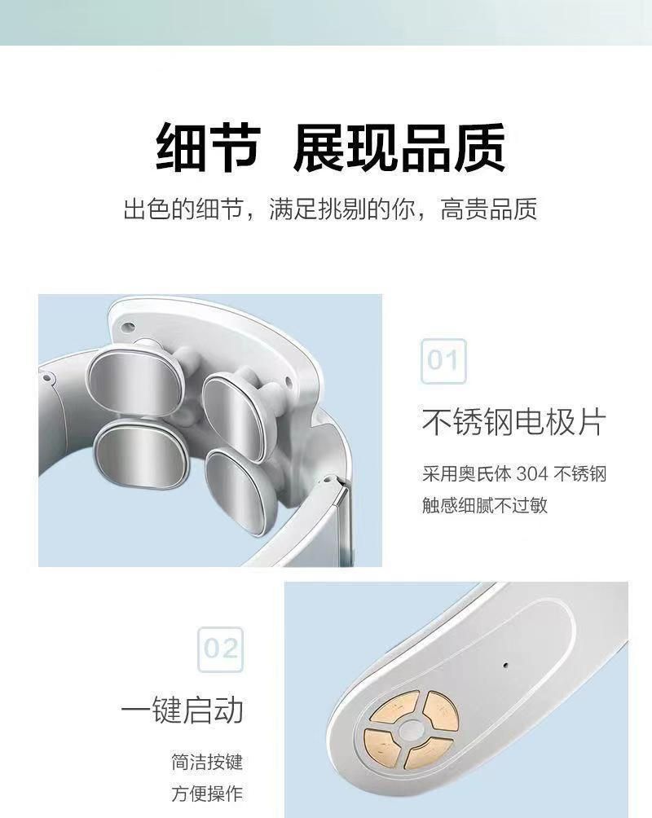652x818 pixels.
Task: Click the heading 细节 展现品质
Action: (331, 147)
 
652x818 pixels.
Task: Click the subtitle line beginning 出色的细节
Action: (330, 209)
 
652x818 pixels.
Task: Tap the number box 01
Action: (443, 361)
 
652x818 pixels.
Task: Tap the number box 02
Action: (221, 649)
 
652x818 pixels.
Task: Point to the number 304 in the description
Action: (532, 473)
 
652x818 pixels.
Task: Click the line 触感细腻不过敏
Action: (485, 504)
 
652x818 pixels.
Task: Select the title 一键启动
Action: (183, 710)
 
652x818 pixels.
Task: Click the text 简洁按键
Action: (207, 762)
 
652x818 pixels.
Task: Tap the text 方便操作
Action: (207, 794)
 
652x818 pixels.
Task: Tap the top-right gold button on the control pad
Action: (440, 710)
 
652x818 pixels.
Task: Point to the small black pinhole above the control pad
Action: (505, 665)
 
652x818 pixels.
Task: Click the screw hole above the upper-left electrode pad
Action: (127, 328)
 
